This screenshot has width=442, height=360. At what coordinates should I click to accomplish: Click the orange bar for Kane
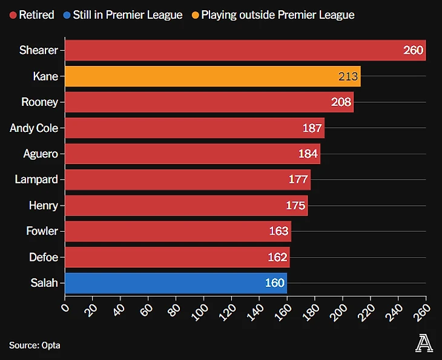212,76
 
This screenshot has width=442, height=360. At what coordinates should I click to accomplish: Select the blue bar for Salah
176,283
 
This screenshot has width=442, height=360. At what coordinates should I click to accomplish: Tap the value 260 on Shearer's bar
413,50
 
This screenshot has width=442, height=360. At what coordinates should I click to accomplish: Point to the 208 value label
341,102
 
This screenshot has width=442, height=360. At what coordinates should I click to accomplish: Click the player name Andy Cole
34,128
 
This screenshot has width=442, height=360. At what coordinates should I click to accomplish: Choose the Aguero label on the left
41,154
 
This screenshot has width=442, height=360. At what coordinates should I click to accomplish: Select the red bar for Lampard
188,180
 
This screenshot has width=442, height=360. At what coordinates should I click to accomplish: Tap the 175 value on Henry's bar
295,206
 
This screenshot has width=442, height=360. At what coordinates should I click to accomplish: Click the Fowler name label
42,231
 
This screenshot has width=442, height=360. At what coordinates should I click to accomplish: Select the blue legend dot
67,15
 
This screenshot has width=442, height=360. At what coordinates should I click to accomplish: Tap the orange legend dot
195,15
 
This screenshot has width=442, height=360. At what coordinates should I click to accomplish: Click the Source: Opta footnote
35,345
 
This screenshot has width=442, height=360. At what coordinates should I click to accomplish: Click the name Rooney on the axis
39,102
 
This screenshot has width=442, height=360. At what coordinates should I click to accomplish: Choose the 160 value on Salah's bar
275,283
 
